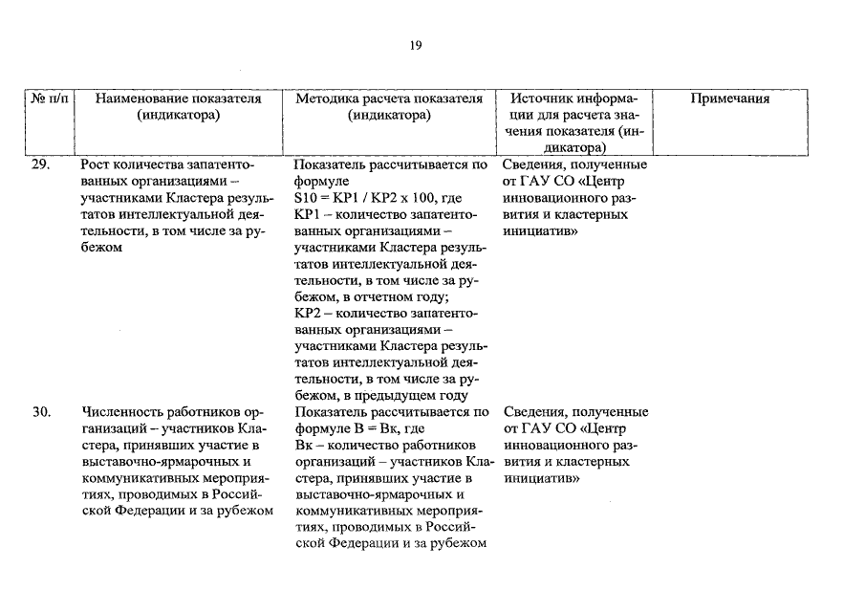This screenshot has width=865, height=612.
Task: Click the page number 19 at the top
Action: (416, 44)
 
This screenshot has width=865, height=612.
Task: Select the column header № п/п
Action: (51, 98)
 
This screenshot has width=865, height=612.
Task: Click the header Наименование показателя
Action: (179, 98)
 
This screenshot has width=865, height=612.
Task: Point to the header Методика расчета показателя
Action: (389, 98)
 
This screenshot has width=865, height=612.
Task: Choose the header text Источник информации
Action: (573, 98)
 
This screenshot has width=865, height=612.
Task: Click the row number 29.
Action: (40, 164)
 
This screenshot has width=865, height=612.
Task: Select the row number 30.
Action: (40, 412)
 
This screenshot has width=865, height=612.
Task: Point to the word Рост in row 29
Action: (97, 164)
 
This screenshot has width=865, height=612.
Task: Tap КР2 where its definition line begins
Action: (307, 313)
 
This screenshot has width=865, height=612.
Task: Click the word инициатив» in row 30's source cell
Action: (541, 477)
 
